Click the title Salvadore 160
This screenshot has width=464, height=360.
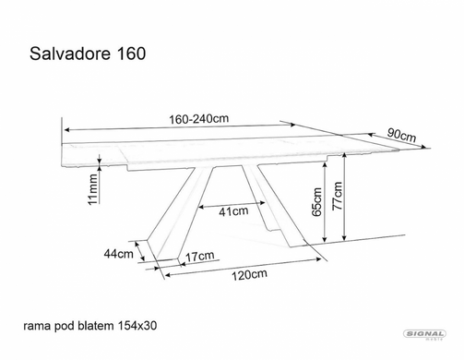[88, 54]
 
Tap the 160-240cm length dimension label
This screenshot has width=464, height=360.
[199, 119]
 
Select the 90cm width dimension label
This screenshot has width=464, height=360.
[401, 135]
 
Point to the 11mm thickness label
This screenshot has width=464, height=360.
[93, 189]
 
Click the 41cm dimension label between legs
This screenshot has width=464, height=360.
[233, 211]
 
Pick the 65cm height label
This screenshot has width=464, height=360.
[317, 202]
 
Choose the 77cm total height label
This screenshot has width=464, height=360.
[337, 196]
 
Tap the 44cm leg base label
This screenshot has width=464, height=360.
[119, 254]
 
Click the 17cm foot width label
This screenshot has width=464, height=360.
[200, 256]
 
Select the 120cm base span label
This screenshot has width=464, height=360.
[249, 274]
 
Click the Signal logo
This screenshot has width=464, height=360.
[424, 335]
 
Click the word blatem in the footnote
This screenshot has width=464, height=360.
[95, 326]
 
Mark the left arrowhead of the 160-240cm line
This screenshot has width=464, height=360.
[67, 129]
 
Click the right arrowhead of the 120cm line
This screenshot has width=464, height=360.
[318, 259]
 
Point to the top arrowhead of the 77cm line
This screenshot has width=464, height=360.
[345, 155]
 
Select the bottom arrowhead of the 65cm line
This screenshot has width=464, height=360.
[324, 238]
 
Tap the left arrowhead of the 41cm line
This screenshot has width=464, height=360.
[201, 207]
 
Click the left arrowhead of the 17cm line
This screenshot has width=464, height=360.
[183, 264]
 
